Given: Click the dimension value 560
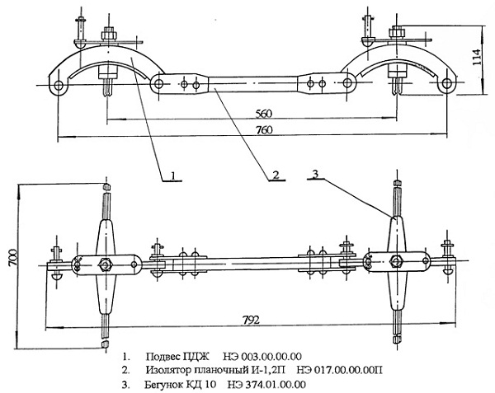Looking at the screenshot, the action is coord(264,114).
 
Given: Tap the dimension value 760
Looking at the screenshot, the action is coord(264,130).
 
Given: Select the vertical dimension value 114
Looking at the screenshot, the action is coord(477,58).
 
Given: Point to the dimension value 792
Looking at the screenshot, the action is coord(252,320).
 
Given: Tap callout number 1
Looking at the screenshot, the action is coord(172,175).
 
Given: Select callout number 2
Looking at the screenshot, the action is coord(276,175).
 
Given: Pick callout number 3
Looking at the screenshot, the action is coord(315,174).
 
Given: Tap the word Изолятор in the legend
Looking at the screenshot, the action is coord(168,369).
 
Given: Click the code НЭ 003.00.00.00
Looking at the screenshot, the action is coord(262,357).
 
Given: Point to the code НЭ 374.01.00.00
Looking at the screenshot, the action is coord(266,385).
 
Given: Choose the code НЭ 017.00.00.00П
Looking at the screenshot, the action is coord(340,369).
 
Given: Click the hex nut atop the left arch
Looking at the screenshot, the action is coord(109,34).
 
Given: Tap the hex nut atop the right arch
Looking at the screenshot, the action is coord(397,32).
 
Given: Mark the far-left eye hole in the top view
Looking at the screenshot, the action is coord(59,85).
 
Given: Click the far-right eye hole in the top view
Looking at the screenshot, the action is coord(446,83).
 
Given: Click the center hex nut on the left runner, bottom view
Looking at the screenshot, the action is coord(105,264).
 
